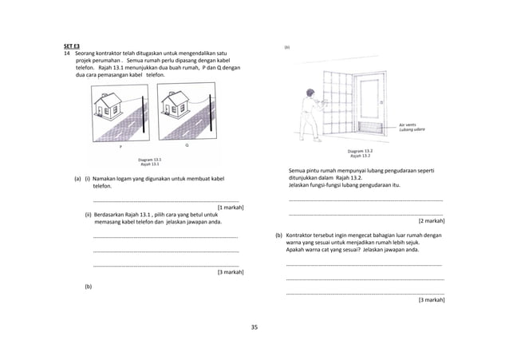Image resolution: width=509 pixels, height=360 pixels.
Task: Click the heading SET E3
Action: (72, 45)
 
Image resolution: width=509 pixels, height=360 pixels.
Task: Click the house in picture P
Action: (107, 105)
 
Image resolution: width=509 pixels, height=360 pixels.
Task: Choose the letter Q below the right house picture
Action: (187, 147)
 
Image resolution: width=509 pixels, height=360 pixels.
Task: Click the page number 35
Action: (254, 327)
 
